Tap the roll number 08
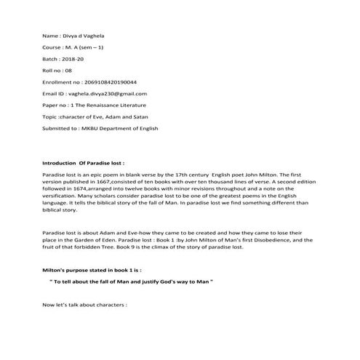point(68,70)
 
